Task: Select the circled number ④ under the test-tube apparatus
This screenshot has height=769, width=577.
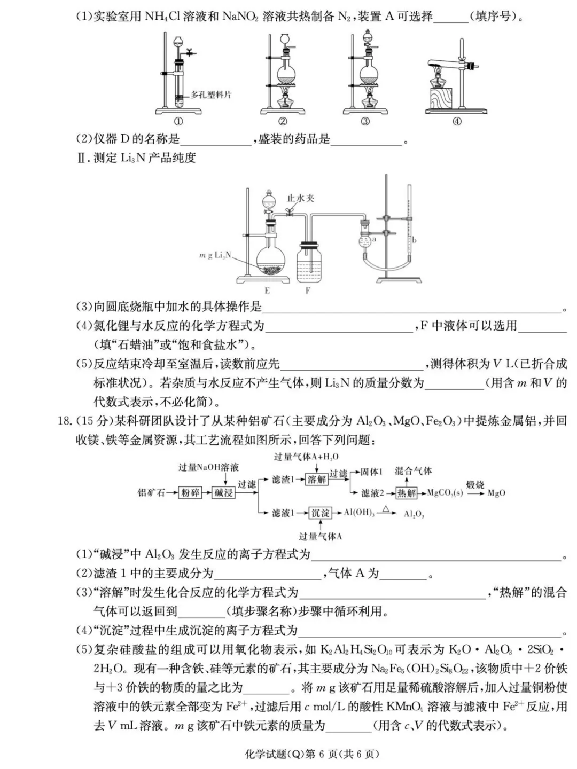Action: [x=457, y=121]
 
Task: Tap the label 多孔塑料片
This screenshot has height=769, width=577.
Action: [x=211, y=95]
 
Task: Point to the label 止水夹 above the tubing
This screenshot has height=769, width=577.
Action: [x=301, y=198]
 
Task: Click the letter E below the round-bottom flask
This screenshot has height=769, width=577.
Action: [x=267, y=291]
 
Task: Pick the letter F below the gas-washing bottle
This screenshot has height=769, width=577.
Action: [x=308, y=291]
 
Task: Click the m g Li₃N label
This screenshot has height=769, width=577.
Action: [x=215, y=255]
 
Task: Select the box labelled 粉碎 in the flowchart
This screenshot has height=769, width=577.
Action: [x=190, y=492]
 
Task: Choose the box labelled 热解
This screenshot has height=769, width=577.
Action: [x=407, y=493]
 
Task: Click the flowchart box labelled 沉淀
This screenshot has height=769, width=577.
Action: [x=320, y=513]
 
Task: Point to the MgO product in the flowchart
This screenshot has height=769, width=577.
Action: [x=496, y=493]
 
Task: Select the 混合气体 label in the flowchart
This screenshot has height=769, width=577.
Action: [x=414, y=470]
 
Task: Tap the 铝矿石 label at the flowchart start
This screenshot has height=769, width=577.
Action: [x=152, y=492]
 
